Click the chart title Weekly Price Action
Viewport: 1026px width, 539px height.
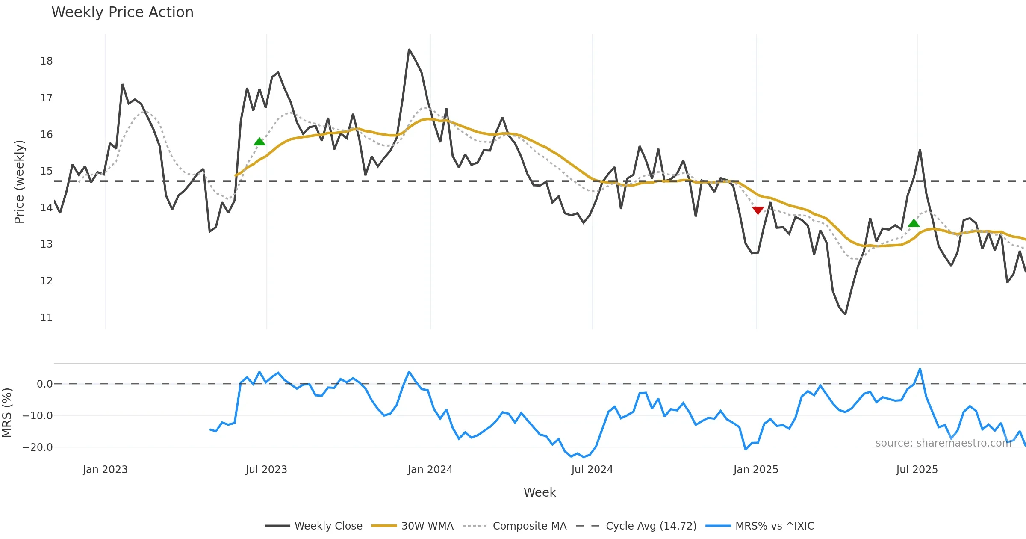pyautogui.click(x=122, y=12)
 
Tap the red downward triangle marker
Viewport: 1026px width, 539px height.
pyautogui.click(x=758, y=210)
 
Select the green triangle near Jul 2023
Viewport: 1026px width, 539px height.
pyautogui.click(x=259, y=142)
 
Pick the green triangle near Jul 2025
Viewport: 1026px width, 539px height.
pyautogui.click(x=914, y=223)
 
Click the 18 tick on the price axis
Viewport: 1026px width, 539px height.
pyautogui.click(x=47, y=61)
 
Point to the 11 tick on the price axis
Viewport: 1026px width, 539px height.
pyautogui.click(x=47, y=318)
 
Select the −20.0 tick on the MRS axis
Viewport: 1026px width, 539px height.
pyautogui.click(x=38, y=447)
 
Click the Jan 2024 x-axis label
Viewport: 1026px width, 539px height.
pyautogui.click(x=430, y=470)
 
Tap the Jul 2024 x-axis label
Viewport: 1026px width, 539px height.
pyautogui.click(x=592, y=470)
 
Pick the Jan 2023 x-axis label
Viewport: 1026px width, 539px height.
pyautogui.click(x=105, y=470)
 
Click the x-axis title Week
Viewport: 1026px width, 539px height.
pyautogui.click(x=540, y=492)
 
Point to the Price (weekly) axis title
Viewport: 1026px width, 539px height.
pyautogui.click(x=19, y=182)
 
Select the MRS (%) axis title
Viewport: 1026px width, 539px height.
pyautogui.click(x=7, y=412)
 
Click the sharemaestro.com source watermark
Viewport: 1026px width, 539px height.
pyautogui.click(x=943, y=443)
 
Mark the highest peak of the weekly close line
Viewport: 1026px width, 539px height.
pyautogui.click(x=409, y=50)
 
